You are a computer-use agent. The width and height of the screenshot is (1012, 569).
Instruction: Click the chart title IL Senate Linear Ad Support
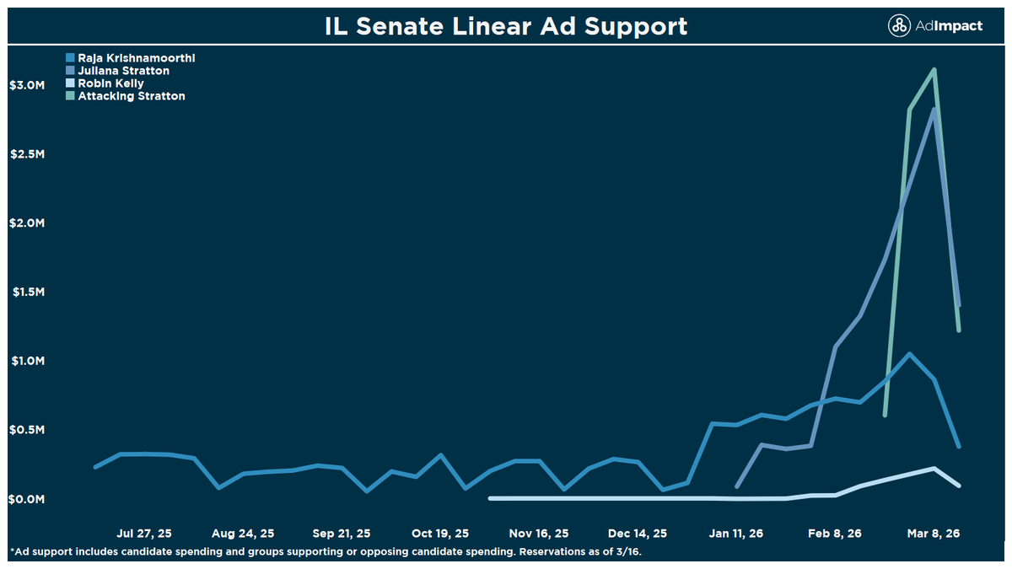click(x=506, y=25)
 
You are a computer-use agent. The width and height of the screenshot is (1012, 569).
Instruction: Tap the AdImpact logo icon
click(x=900, y=26)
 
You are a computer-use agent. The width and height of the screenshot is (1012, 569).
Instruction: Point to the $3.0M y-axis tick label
click(x=27, y=85)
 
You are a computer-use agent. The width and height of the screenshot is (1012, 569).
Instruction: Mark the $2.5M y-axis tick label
click(x=27, y=154)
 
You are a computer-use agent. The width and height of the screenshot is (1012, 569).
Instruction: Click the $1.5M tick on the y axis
click(x=27, y=292)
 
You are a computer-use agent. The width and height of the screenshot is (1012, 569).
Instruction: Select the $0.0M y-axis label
click(x=27, y=499)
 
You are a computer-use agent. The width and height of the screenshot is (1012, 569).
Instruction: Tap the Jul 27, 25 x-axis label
click(x=144, y=534)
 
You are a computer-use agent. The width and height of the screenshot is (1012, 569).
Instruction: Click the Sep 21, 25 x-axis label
click(x=342, y=534)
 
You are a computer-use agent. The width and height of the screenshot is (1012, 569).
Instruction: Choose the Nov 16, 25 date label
click(x=539, y=534)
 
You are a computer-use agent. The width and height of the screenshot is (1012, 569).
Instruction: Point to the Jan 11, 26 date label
click(x=736, y=534)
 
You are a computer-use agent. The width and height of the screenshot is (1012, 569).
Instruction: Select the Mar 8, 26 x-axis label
click(x=934, y=534)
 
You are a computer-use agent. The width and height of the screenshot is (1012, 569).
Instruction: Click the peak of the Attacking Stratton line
click(x=934, y=70)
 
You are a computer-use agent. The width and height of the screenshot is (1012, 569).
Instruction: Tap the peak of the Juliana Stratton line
click(x=934, y=110)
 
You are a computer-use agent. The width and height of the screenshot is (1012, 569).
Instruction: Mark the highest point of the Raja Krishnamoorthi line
click(x=909, y=354)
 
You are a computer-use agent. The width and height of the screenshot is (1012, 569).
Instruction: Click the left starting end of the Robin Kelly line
click(x=491, y=498)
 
